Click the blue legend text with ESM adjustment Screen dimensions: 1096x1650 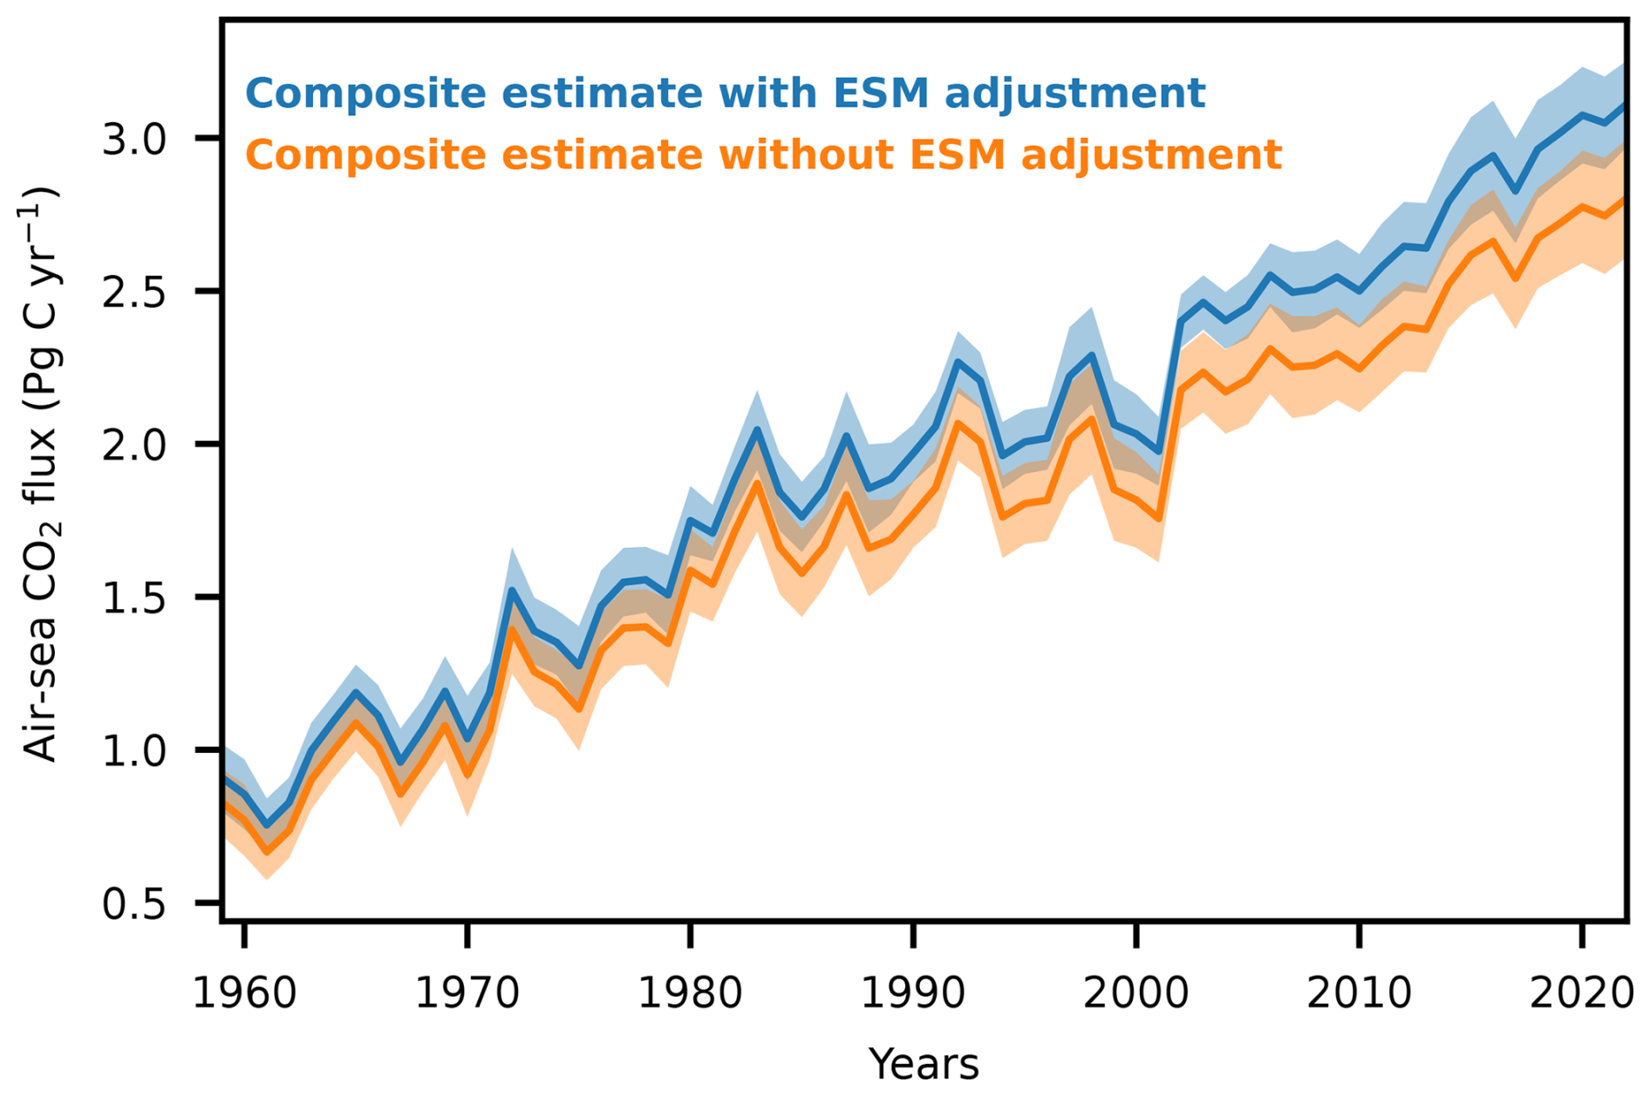725,93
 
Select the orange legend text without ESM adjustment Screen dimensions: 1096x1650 763,155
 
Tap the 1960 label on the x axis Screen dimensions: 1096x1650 245,993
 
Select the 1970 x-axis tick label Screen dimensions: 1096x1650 467,993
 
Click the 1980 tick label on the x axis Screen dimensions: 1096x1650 690,993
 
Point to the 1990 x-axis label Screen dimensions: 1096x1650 913,993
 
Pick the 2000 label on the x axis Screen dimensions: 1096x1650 1135,993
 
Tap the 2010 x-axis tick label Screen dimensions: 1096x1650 1359,993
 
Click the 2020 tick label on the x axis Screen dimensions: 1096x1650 1581,993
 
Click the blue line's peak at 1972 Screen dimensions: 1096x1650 512,591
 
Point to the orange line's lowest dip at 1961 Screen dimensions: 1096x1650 267,852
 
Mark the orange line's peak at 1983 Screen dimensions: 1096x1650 757,483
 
